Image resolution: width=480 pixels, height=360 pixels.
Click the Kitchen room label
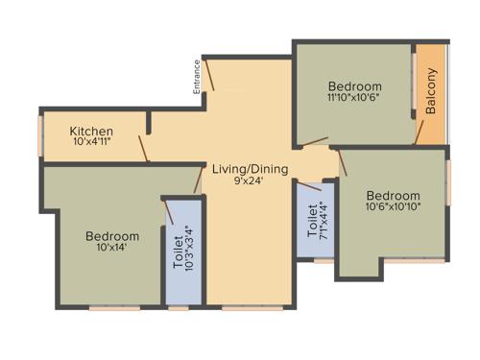(92, 132)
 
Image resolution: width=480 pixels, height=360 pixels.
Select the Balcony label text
(431, 92)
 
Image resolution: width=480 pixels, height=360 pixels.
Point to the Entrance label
(196, 77)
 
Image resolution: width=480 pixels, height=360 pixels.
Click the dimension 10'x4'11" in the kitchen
(92, 143)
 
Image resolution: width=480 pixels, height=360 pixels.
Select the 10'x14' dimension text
(111, 248)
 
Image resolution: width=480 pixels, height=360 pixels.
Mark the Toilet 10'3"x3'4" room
(183, 254)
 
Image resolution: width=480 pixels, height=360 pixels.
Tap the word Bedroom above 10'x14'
(111, 235)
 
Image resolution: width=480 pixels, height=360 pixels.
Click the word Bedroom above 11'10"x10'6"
(354, 85)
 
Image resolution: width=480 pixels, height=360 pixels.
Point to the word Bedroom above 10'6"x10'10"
(393, 192)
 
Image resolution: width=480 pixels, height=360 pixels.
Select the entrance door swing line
(210, 76)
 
